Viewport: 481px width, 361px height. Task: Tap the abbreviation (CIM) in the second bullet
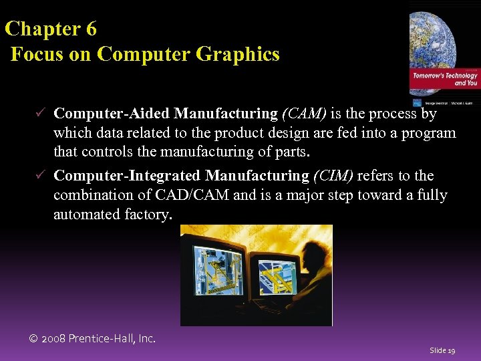coord(334,176)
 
